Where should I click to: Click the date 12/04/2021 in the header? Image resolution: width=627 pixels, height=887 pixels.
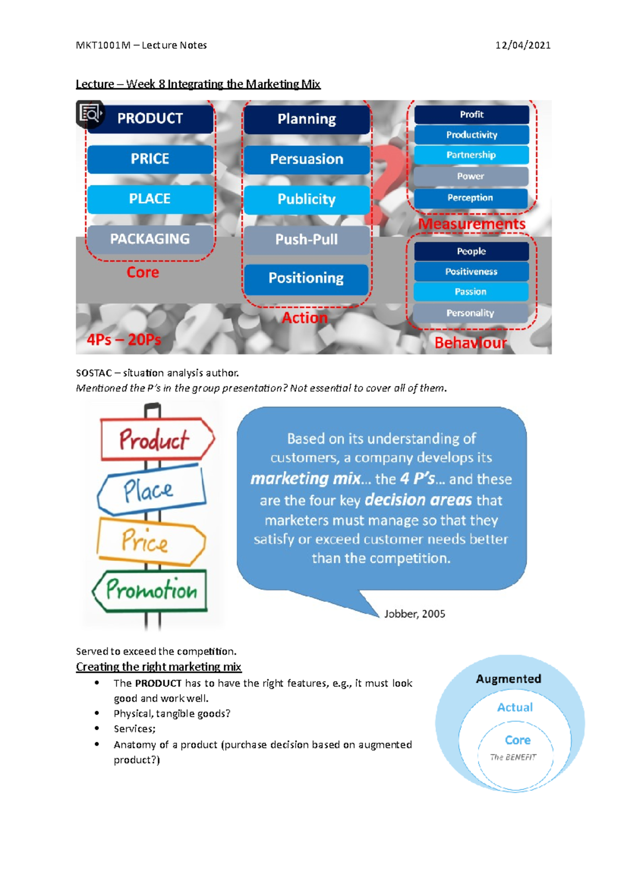(522, 45)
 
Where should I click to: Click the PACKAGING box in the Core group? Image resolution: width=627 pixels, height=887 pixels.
(150, 239)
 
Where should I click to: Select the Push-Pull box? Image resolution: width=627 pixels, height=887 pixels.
(307, 240)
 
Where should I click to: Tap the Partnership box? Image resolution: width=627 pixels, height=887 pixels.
(471, 155)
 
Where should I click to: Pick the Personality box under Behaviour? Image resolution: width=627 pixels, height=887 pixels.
(470, 313)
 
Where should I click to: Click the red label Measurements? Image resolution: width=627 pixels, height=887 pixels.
(472, 224)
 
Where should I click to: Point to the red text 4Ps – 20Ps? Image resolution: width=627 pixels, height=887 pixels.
(124, 340)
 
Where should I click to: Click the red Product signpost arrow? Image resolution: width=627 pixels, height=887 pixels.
(155, 439)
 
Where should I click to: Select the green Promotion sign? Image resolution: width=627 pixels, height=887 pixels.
(150, 590)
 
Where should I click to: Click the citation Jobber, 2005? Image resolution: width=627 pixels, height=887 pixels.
(415, 614)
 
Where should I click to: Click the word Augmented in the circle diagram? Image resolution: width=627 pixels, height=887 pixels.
(508, 679)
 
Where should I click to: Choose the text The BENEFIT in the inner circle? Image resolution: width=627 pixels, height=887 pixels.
(513, 757)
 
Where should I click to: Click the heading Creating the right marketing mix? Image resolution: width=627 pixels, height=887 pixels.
(158, 667)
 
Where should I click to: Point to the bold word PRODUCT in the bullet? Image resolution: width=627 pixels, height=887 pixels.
(158, 683)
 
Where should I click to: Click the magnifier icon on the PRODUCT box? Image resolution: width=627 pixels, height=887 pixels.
(90, 113)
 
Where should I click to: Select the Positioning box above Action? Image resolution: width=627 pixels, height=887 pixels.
(307, 278)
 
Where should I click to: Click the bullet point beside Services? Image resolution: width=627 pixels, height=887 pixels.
(97, 728)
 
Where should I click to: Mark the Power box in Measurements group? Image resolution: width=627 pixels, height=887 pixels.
(471, 177)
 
